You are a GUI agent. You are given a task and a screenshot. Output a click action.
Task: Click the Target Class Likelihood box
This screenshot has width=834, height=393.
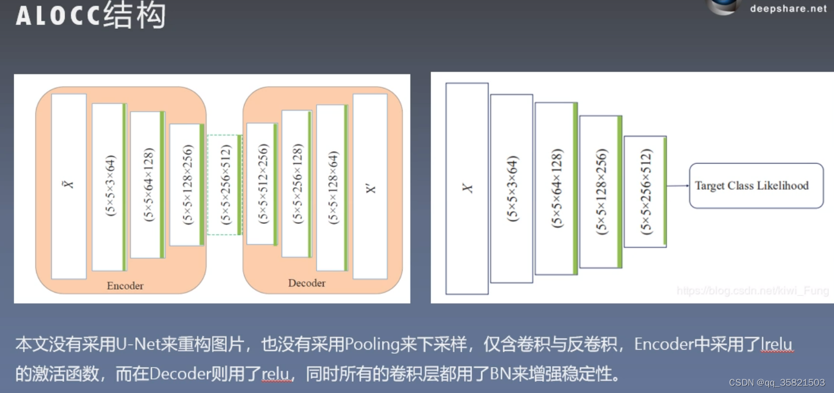coord(756,186)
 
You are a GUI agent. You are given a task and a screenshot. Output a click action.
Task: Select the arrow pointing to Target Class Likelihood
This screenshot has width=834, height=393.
coord(678,186)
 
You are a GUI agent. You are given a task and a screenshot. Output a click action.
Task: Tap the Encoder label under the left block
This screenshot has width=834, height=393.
coord(125,285)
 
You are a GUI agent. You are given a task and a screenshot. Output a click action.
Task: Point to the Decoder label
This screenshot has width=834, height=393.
coord(306,283)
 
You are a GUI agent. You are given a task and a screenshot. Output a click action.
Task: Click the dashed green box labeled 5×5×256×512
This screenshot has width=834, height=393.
coord(224,185)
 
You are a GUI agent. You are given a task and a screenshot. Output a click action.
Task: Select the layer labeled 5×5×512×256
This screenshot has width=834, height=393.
coord(262,184)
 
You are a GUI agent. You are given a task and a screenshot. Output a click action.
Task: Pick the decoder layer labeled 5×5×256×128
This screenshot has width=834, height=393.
coord(297,184)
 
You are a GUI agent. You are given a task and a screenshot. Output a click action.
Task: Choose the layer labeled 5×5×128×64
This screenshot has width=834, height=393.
coord(332,188)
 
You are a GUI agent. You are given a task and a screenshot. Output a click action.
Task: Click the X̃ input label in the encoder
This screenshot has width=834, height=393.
coord(69,185)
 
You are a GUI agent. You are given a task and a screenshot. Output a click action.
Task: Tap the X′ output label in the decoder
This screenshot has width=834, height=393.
coord(370,187)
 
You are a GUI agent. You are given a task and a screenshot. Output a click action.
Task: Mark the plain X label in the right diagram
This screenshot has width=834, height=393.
coord(467,188)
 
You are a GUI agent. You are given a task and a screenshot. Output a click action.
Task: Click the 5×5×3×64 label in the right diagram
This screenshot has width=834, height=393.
coord(511,188)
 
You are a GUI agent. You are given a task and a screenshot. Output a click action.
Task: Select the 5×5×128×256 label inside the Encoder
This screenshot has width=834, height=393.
coord(187,185)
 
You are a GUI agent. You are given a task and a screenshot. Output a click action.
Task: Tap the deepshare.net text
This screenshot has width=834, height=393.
coord(788,8)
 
